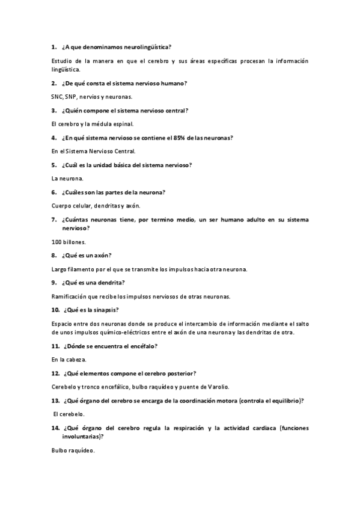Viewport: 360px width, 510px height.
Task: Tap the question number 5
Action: coord(53,165)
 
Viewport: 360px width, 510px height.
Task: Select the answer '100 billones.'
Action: coord(69,242)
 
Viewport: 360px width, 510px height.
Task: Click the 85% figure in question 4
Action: coord(180,137)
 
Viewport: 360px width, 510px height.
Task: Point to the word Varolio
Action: coord(218,387)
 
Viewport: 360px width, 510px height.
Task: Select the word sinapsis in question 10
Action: coord(105,310)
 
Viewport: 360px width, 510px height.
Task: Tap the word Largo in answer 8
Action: coord(59,269)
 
